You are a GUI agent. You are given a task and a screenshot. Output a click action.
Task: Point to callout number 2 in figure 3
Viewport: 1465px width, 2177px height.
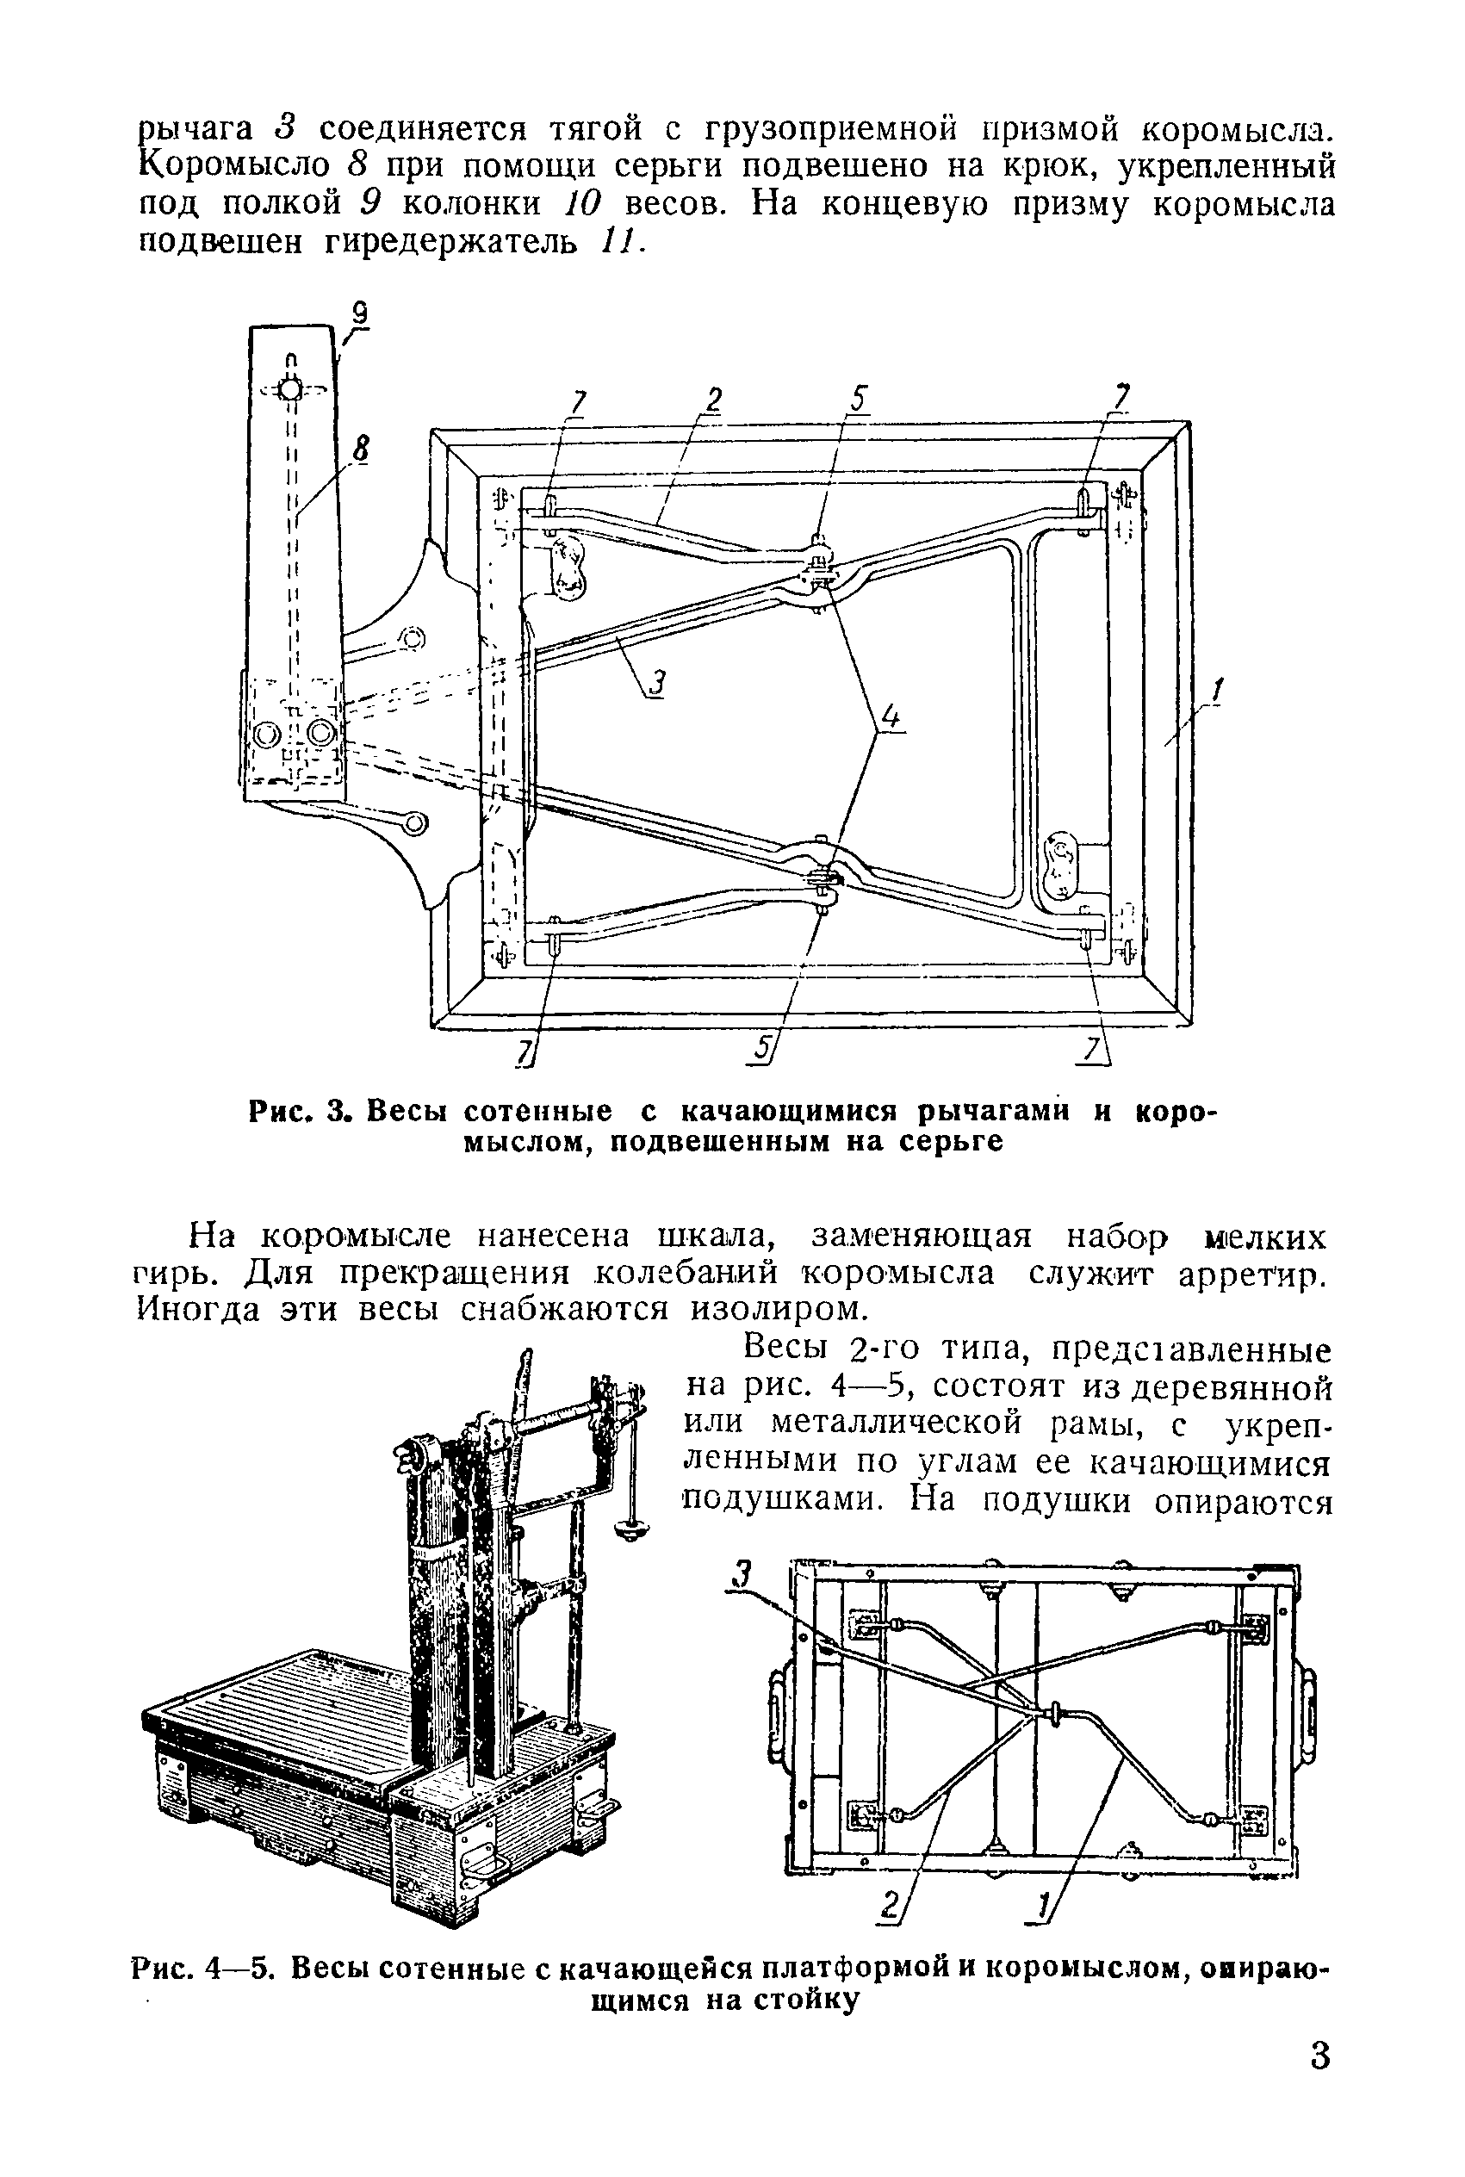click(713, 400)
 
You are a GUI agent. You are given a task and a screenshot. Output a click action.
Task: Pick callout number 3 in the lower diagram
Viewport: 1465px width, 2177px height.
click(742, 1574)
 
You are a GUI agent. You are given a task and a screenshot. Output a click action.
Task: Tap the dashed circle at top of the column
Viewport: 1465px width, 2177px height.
click(290, 388)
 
